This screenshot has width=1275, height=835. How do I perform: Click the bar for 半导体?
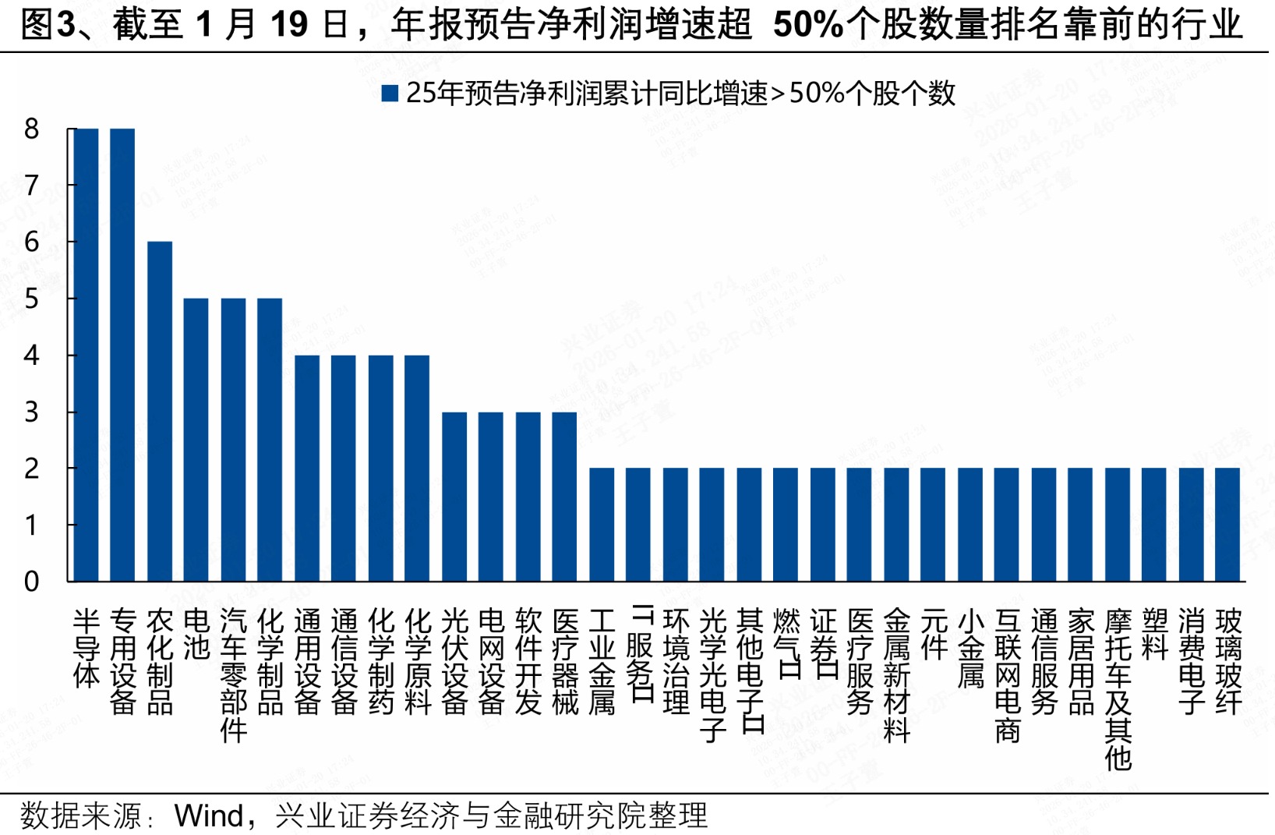point(86,355)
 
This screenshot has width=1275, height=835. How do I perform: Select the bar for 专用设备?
point(122,355)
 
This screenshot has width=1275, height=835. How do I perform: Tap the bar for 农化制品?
point(160,412)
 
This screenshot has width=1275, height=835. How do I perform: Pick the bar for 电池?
point(196,440)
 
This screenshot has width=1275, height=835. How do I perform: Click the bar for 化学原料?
point(417,468)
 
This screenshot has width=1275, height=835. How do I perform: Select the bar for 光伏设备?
point(454,497)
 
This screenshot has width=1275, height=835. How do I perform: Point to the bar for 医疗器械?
point(564,497)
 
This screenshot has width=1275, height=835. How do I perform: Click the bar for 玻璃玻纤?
point(1227,525)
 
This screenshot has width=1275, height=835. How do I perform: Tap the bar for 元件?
point(933,525)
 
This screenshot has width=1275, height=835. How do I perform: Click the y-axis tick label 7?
point(31,186)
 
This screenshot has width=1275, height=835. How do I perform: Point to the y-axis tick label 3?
point(31,412)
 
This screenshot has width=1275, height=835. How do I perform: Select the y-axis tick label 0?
point(31,582)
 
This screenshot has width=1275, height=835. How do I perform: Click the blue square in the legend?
point(390,94)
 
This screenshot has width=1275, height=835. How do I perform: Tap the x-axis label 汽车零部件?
point(233,675)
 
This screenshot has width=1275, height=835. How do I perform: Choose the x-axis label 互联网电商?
point(1007,675)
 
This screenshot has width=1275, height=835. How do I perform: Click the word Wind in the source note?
point(208,816)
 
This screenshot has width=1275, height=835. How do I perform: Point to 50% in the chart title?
point(807,25)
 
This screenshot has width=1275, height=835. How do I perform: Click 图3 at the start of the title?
point(46,25)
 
